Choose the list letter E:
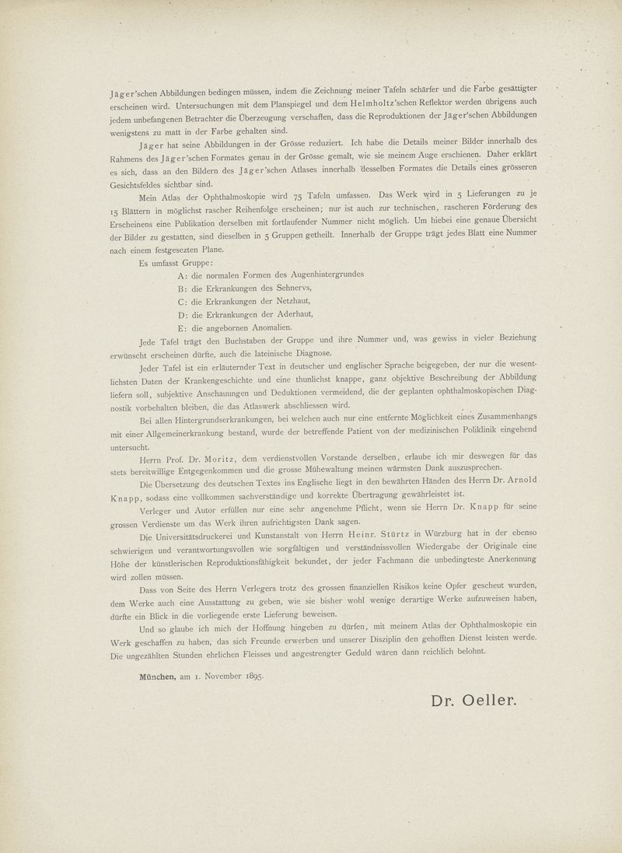tap(183, 328)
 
